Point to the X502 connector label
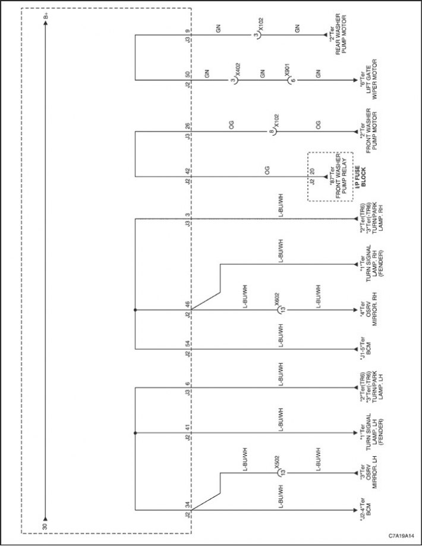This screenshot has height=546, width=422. tap(277, 462)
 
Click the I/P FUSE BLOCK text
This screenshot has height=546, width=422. tap(361, 177)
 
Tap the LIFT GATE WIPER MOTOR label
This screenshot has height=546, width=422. tap(371, 80)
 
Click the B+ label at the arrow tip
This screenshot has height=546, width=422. tap(46, 16)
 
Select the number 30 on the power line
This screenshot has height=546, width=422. tap(45, 526)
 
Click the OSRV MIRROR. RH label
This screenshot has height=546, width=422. tap(369, 309)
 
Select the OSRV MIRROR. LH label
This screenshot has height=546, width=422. tap(369, 473)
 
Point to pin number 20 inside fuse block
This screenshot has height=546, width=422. tap(312, 171)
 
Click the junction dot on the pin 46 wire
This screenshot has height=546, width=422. tap(135, 309)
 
